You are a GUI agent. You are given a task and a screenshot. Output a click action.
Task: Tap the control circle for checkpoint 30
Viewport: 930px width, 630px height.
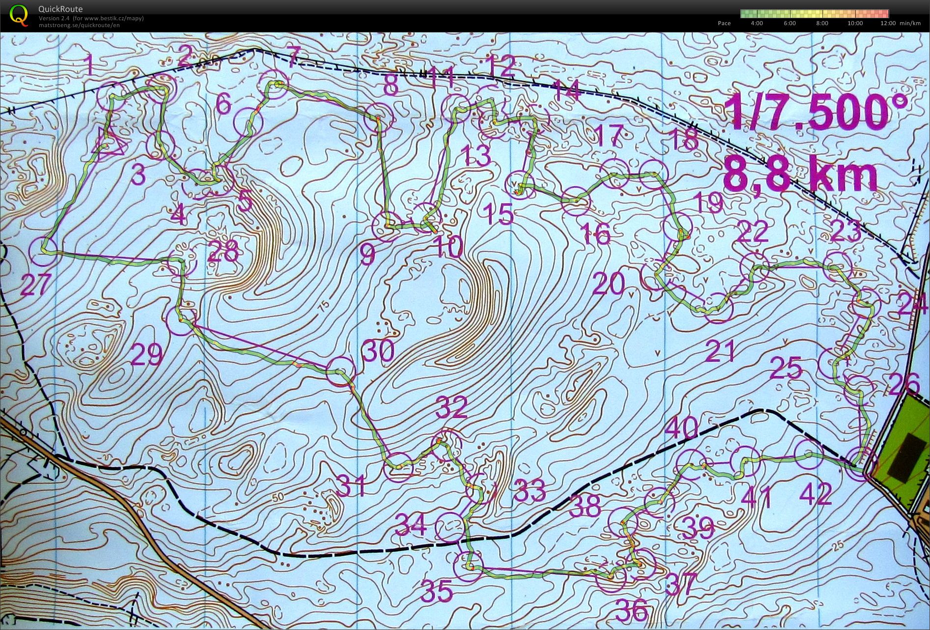click(340, 371)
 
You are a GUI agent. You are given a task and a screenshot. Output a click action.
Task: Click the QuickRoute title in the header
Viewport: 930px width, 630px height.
click(60, 9)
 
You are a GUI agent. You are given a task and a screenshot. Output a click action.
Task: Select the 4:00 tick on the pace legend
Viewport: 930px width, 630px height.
click(757, 23)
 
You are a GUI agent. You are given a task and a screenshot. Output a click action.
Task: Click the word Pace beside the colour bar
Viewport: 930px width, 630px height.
click(724, 23)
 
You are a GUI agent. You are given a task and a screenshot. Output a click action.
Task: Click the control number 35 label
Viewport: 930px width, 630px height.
click(437, 590)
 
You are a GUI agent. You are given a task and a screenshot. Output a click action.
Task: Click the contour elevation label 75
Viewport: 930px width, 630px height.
click(323, 305)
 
